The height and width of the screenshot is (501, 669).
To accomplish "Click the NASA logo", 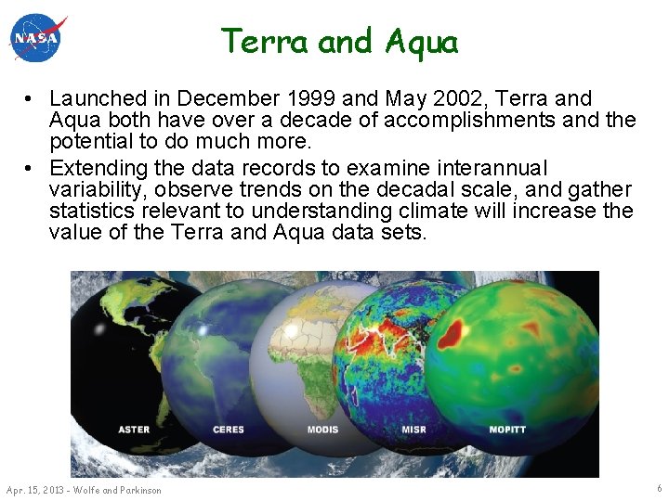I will [38, 38].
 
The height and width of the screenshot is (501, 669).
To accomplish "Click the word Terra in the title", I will [265, 41].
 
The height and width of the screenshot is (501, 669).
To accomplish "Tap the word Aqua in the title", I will [421, 41].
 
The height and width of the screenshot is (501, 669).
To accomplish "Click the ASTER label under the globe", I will [134, 430].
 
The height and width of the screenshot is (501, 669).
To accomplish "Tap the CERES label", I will [229, 430].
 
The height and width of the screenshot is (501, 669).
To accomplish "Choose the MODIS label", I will [322, 430].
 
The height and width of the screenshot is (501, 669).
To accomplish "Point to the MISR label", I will [414, 430].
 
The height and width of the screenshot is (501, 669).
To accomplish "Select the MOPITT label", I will [509, 430].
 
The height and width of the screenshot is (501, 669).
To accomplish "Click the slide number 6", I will [658, 488].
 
